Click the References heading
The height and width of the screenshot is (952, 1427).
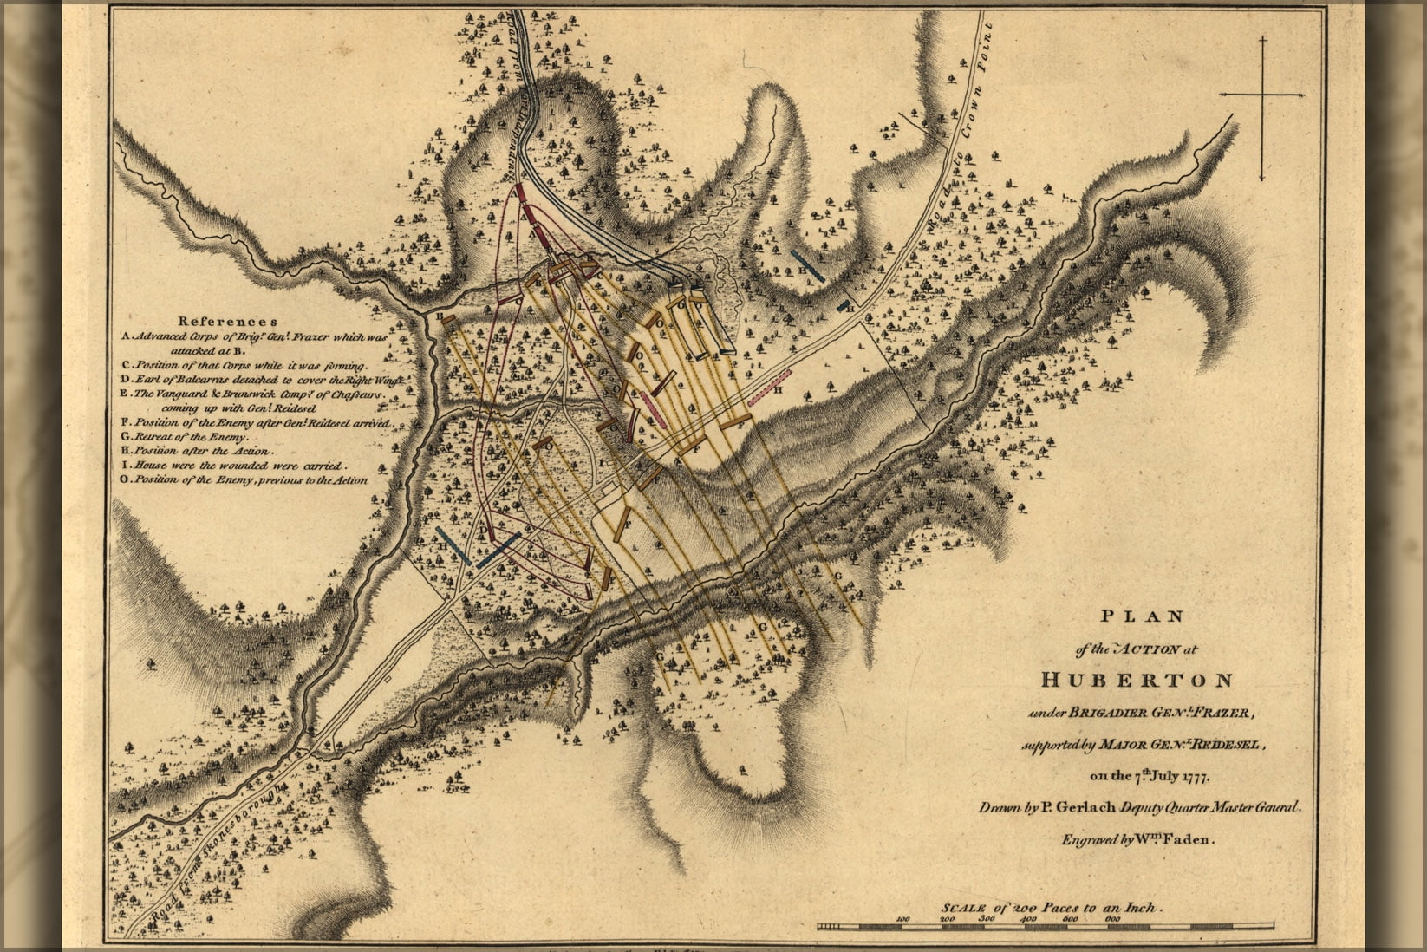(x=228, y=321)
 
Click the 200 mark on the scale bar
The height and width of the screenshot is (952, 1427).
(x=947, y=916)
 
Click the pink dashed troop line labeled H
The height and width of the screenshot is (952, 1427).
(x=770, y=385)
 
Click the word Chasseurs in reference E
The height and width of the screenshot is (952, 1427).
(x=353, y=394)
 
